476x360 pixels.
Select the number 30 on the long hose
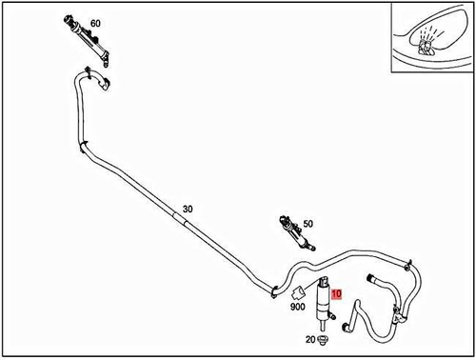pos(187,208)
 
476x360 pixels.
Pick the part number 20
pos(309,340)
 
